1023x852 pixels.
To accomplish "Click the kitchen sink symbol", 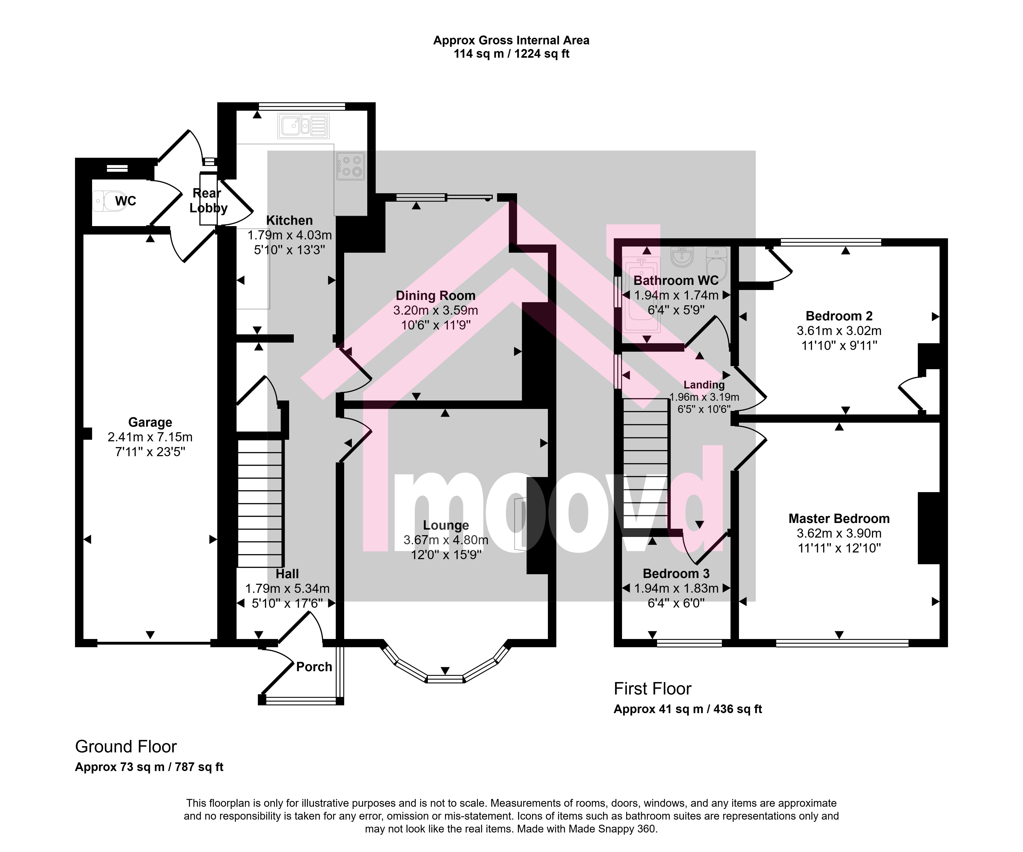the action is [x=304, y=126].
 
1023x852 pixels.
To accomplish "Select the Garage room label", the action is [x=150, y=422].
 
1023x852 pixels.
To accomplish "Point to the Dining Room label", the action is [x=436, y=296].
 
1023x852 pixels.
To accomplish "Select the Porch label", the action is [x=314, y=667].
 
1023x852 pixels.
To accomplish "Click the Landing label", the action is [x=704, y=385].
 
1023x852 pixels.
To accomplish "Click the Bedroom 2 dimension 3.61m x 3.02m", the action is [x=839, y=331].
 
